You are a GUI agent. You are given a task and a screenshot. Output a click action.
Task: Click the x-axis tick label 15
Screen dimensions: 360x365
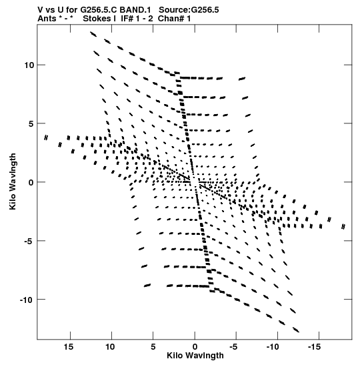tap(69, 347)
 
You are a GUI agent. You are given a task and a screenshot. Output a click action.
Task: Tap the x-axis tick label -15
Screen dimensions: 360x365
tap(314, 347)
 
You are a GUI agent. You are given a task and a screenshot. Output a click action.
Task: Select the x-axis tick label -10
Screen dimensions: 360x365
tap(273, 347)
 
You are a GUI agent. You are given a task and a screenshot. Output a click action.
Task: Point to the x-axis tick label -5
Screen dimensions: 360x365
tap(233, 347)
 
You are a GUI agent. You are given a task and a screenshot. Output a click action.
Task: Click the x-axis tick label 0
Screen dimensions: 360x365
tap(195, 347)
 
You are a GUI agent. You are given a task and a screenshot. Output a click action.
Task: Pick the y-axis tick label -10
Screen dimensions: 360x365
tap(27, 300)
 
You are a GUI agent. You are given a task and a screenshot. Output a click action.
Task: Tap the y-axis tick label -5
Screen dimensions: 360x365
tap(29, 241)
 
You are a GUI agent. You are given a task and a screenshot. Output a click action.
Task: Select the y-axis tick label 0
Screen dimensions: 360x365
tap(31, 183)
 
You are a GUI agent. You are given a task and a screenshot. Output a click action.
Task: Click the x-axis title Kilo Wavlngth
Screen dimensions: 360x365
tap(195, 356)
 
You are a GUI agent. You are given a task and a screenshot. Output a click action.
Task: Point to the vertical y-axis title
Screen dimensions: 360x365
tap(13, 181)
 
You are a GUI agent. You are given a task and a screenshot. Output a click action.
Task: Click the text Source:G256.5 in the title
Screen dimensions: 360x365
tap(189, 10)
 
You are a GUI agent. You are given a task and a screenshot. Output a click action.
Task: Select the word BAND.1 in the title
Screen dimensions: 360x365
tap(135, 10)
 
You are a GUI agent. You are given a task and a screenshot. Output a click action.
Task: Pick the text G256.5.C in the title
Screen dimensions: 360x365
tap(99, 10)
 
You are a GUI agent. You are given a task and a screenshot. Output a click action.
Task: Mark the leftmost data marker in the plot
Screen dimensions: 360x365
tap(46, 137)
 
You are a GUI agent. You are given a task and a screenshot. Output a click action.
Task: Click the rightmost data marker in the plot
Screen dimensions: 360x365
tap(343, 226)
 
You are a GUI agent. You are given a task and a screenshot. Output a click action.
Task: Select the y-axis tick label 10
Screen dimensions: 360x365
tap(29, 65)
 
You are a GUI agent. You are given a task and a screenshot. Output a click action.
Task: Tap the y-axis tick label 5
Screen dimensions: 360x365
tap(31, 124)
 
